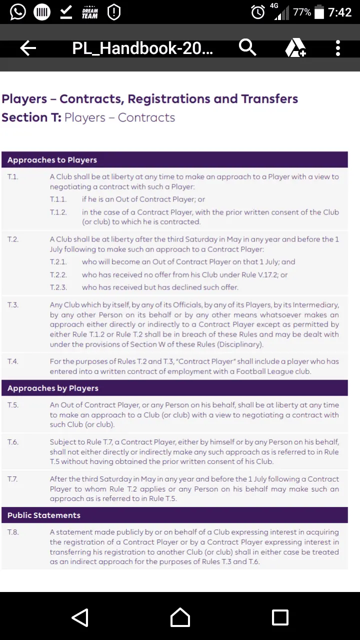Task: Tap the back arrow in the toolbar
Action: tap(28, 48)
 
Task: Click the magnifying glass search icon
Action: tap(247, 47)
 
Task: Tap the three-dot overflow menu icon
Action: tap(338, 48)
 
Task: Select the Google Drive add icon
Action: tap(295, 48)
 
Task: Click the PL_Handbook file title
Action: tap(142, 48)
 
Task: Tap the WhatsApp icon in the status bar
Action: tap(17, 12)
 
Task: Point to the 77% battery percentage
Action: tap(302, 12)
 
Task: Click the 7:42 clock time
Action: tap(340, 12)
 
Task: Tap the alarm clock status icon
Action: tap(258, 12)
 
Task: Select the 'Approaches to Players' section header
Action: tap(52, 160)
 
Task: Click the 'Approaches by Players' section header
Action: tap(53, 388)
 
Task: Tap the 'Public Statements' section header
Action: tap(44, 515)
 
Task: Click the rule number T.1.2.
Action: tap(58, 212)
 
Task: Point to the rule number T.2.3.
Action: tap(58, 287)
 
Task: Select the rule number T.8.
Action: tap(13, 532)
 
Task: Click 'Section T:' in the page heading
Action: tap(31, 117)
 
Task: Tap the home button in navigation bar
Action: tap(180, 617)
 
